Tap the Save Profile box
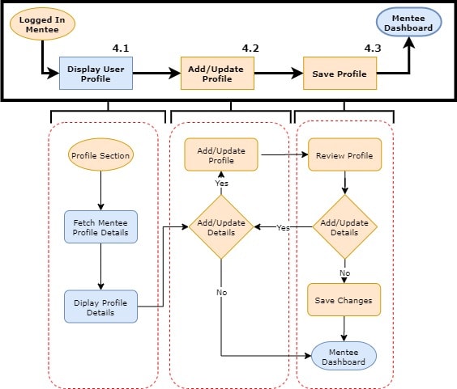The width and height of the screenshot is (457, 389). coord(339,74)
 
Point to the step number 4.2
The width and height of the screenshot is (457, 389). coord(250,49)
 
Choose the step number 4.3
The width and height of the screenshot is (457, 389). coord(372,49)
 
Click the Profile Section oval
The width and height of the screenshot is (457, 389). coord(101,154)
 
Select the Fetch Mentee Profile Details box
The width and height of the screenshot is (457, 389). coord(100,227)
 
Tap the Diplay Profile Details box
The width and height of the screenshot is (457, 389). coord(100,306)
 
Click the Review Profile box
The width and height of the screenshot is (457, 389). coord(345,155)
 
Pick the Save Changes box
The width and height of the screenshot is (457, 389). coord(344,300)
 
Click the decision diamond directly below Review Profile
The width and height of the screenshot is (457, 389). coord(345,227)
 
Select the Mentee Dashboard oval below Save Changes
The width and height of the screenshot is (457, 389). coord(344,357)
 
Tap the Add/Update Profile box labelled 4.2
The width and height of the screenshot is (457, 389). coord(216,74)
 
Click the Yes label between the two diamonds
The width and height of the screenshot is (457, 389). coord(284,228)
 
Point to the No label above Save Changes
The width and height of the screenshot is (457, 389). coord(344,273)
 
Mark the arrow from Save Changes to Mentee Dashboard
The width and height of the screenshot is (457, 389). coord(345,328)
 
